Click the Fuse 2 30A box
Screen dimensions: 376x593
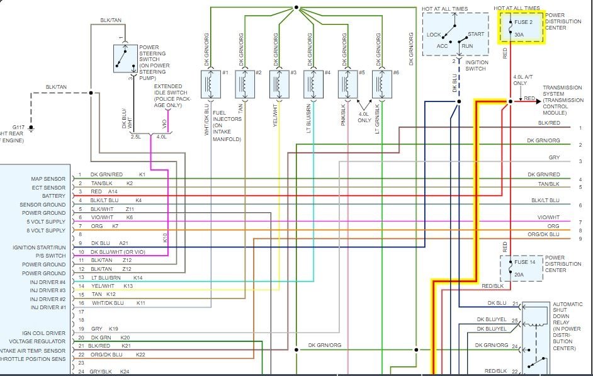pyautogui.click(x=522, y=27)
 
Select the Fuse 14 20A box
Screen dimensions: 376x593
pyautogui.click(x=522, y=268)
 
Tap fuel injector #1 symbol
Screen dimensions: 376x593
pyautogui.click(x=208, y=84)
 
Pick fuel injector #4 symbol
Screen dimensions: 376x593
pyautogui.click(x=312, y=84)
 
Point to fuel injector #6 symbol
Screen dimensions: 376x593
pyautogui.click(x=380, y=84)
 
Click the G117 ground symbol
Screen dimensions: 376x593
pyautogui.click(x=31, y=129)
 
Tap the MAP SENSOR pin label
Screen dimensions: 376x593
pyautogui.click(x=48, y=179)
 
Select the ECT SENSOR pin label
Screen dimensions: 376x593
pyautogui.click(x=49, y=188)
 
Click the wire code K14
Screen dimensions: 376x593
pyautogui.click(x=138, y=278)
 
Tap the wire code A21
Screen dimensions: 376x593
pyautogui.click(x=124, y=243)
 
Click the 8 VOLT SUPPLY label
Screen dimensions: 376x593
pyautogui.click(x=45, y=231)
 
